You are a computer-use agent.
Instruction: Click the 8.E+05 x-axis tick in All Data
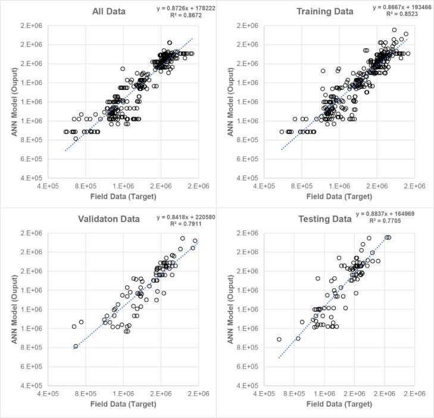pyautogui.click(x=86, y=185)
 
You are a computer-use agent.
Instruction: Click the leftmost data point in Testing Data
pyautogui.click(x=279, y=339)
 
